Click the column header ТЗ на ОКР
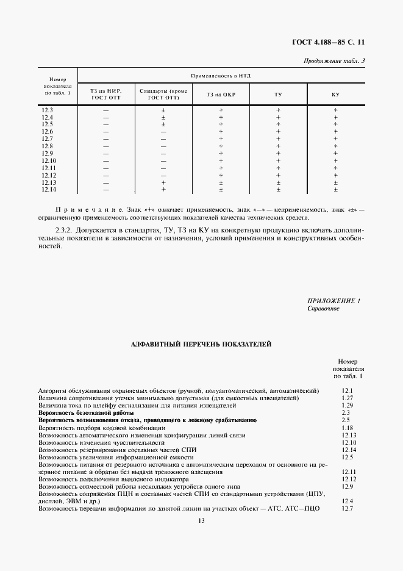click(x=221, y=95)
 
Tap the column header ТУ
click(x=278, y=95)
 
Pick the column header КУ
click(x=335, y=95)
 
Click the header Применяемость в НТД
click(x=221, y=76)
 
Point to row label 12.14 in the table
click(x=49, y=190)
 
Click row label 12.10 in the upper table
click(x=49, y=160)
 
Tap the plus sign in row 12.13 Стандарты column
click(x=163, y=182)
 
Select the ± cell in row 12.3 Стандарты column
click(x=163, y=110)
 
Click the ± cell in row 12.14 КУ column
click(x=335, y=190)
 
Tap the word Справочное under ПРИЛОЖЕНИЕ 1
click(x=323, y=309)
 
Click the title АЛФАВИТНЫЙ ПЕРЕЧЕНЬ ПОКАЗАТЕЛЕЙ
click(x=201, y=345)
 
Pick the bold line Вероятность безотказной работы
click(x=86, y=413)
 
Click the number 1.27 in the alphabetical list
click(x=348, y=398)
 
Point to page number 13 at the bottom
click(x=201, y=520)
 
